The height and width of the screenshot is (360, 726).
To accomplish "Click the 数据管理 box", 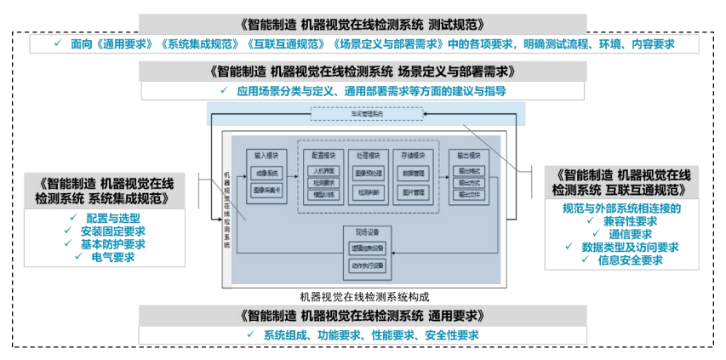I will click(414, 172).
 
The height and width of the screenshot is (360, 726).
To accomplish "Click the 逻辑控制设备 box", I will click(367, 248).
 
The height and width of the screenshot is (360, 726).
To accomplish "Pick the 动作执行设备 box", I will click(367, 266).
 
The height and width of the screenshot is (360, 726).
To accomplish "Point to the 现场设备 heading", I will click(367, 232).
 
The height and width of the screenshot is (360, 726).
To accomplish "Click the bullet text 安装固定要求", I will click(112, 231).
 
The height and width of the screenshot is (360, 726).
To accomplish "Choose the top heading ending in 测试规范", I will click(363, 23).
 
